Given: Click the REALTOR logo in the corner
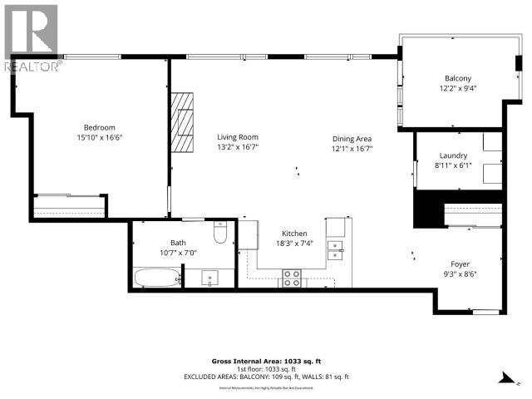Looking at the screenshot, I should pos(31,37).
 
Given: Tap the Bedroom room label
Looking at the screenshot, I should pos(99,127).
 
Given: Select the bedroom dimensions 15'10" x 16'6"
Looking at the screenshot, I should pos(99,137).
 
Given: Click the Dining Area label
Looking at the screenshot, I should pos(352,139).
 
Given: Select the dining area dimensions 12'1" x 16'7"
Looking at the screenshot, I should pos(352,149).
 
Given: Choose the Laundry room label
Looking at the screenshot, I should pos(453,155).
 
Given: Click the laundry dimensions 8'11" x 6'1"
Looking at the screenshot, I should pos(453,165).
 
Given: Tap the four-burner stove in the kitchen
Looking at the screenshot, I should pos(292,278).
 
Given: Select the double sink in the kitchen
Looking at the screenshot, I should pos(335,250).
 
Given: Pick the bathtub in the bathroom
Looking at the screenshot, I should pos(155,277).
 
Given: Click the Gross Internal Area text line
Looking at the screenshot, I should pos(265,362).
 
